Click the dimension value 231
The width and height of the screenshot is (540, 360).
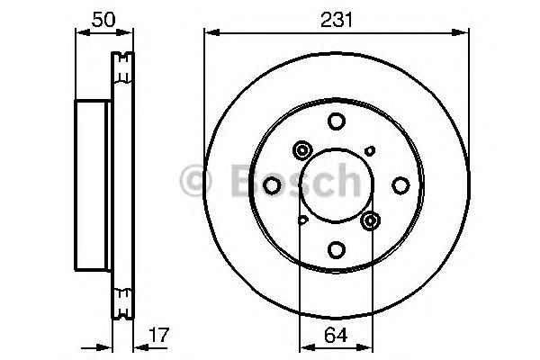pyautogui.click(x=337, y=16)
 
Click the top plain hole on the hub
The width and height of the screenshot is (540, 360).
pyautogui.click(x=336, y=121)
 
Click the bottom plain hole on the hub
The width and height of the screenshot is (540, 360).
pyautogui.click(x=336, y=250)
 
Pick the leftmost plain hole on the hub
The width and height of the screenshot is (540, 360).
pyautogui.click(x=272, y=186)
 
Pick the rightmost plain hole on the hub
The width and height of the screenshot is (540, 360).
pyautogui.click(x=400, y=186)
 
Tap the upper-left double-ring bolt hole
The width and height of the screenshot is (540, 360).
pyautogui.click(x=301, y=151)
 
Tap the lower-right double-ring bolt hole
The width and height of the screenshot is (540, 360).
pyautogui.click(x=370, y=220)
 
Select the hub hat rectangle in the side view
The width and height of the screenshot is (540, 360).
pyautogui.click(x=94, y=185)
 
